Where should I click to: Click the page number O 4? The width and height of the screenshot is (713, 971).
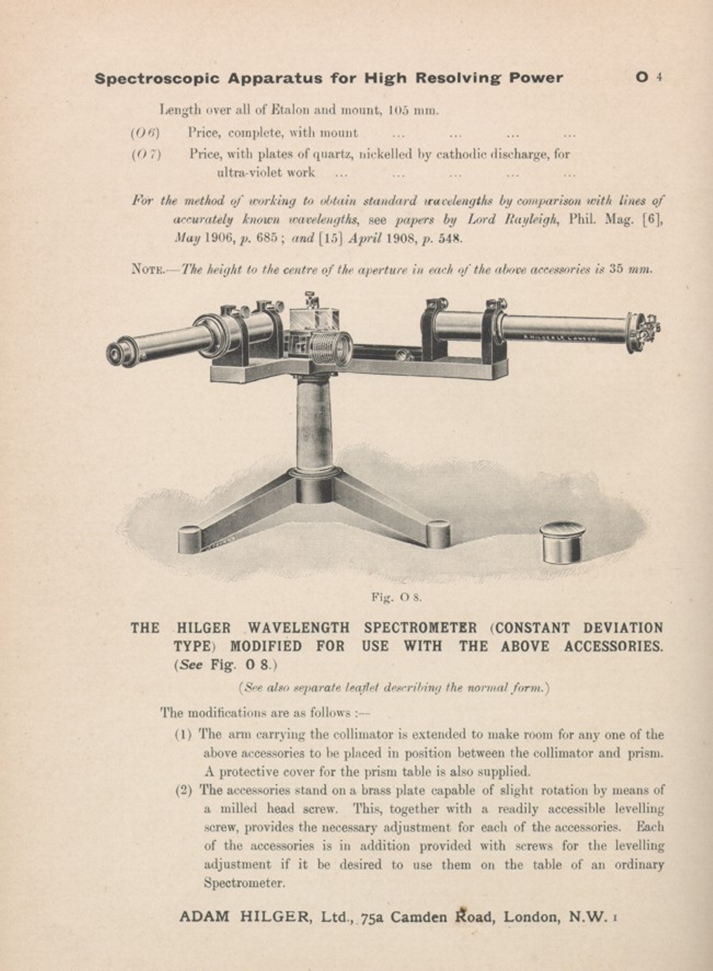649,77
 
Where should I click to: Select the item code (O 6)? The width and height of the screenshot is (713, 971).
145,133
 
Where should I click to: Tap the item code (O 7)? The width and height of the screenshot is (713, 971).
146,154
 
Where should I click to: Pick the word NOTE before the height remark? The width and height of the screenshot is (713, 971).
148,270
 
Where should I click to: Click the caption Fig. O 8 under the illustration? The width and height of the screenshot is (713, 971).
396,597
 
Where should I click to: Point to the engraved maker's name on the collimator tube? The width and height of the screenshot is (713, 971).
560,338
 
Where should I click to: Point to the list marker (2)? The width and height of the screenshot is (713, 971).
183,790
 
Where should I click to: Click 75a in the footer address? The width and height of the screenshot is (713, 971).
372,917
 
